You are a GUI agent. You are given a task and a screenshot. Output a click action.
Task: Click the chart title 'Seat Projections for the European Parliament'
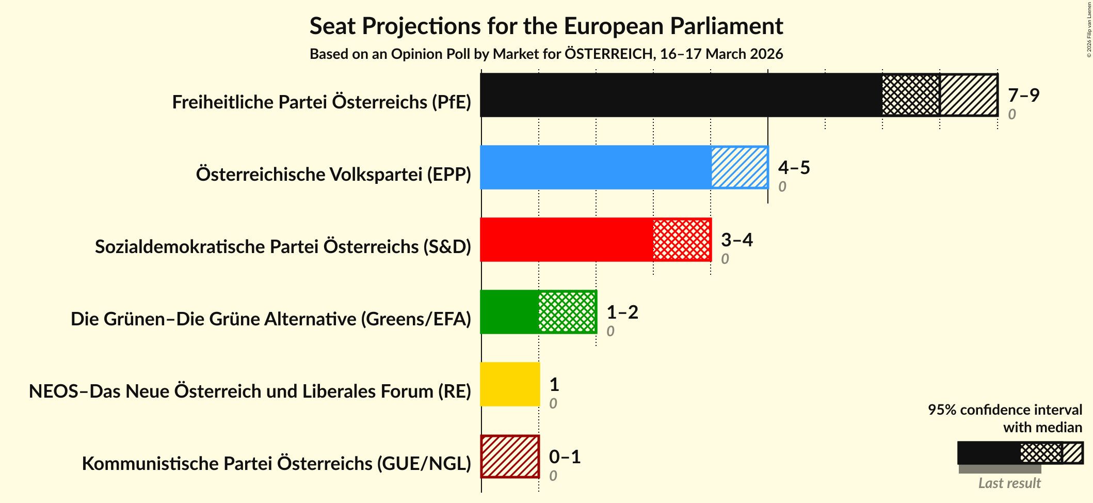coord(546,26)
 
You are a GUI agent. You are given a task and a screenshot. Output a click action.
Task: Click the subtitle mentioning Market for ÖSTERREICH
coord(546,54)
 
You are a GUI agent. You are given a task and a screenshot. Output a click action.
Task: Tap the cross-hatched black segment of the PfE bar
coord(911,95)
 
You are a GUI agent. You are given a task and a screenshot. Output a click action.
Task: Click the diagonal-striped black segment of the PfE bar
coord(969,95)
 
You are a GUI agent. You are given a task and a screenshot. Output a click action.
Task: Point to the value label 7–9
coord(1023,95)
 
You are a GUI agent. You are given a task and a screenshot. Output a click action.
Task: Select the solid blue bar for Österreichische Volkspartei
coord(596,167)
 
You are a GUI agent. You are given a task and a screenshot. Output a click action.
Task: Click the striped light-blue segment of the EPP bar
coord(740,167)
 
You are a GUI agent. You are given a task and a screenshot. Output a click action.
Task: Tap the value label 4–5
coord(794,167)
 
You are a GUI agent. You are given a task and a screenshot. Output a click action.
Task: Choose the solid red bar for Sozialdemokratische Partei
coord(567,240)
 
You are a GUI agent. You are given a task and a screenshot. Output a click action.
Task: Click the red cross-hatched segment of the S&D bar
coord(682,240)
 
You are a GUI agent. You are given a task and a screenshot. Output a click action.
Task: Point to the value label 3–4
coord(737,240)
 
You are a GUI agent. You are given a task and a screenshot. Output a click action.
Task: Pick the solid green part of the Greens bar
coord(509,312)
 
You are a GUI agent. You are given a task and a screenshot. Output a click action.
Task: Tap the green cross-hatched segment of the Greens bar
coord(567,312)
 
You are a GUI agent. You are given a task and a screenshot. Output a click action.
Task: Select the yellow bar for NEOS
coord(510,384)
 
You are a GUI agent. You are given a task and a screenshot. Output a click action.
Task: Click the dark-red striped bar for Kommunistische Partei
coord(510,457)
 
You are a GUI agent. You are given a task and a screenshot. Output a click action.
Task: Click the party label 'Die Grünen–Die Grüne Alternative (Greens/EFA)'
coord(271,319)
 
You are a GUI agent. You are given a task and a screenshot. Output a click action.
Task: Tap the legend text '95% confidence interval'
coord(1005,410)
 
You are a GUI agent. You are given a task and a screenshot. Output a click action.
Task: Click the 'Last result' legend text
coord(1009,483)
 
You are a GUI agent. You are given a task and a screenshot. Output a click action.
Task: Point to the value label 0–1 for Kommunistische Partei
coord(565,457)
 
